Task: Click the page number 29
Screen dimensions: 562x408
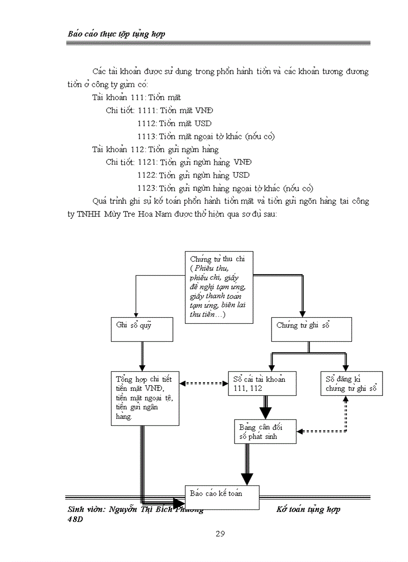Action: pos(220,533)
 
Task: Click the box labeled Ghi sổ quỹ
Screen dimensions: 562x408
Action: pos(142,329)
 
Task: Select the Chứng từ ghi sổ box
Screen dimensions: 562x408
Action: pos(311,329)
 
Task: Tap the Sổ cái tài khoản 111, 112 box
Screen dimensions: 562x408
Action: pos(262,383)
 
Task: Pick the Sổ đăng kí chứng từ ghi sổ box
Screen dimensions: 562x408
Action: pos(351,383)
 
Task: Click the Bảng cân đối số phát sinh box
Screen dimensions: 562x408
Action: pos(265,431)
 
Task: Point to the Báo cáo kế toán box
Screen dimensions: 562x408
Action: pos(222,497)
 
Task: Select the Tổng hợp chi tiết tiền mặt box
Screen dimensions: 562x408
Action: pos(145,398)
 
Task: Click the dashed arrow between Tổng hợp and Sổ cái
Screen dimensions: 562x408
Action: pos(203,384)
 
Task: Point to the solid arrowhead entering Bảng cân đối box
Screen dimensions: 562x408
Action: pos(265,413)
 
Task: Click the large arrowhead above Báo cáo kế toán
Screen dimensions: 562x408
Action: pos(246,478)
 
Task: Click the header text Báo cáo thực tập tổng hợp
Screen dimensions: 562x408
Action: pos(116,34)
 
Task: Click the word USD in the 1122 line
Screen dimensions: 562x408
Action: pos(241,175)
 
